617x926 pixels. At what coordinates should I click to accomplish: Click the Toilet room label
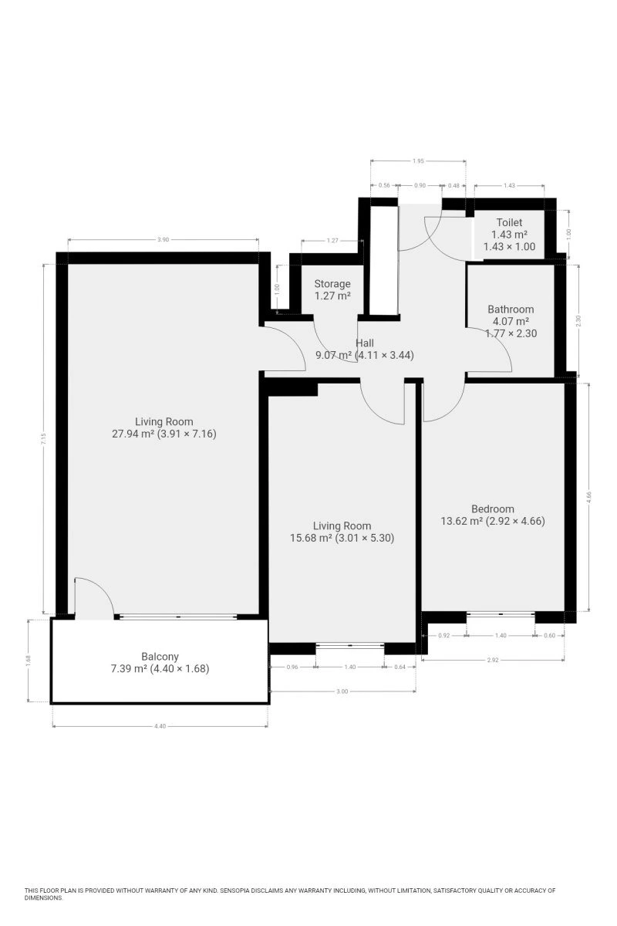(x=509, y=222)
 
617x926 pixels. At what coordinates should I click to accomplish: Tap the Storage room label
(x=332, y=284)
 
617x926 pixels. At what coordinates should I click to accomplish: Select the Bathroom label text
(x=511, y=309)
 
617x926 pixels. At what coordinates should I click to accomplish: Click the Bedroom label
(x=493, y=509)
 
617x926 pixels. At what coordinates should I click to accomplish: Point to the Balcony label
(x=160, y=657)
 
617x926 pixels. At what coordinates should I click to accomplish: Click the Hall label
(x=365, y=343)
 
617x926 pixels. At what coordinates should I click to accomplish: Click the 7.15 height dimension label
(x=44, y=438)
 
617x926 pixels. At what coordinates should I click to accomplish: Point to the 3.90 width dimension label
(x=164, y=239)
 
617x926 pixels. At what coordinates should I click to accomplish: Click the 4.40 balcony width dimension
(x=160, y=726)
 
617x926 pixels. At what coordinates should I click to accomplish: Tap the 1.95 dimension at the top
(x=418, y=161)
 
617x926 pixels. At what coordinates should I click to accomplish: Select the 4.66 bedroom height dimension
(x=589, y=496)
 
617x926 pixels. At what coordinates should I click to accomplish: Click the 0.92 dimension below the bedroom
(x=443, y=635)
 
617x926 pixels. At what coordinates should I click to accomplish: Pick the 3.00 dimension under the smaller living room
(x=342, y=691)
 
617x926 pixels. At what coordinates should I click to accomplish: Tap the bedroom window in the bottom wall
(x=501, y=614)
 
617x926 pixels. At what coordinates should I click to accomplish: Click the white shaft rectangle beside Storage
(x=384, y=261)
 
